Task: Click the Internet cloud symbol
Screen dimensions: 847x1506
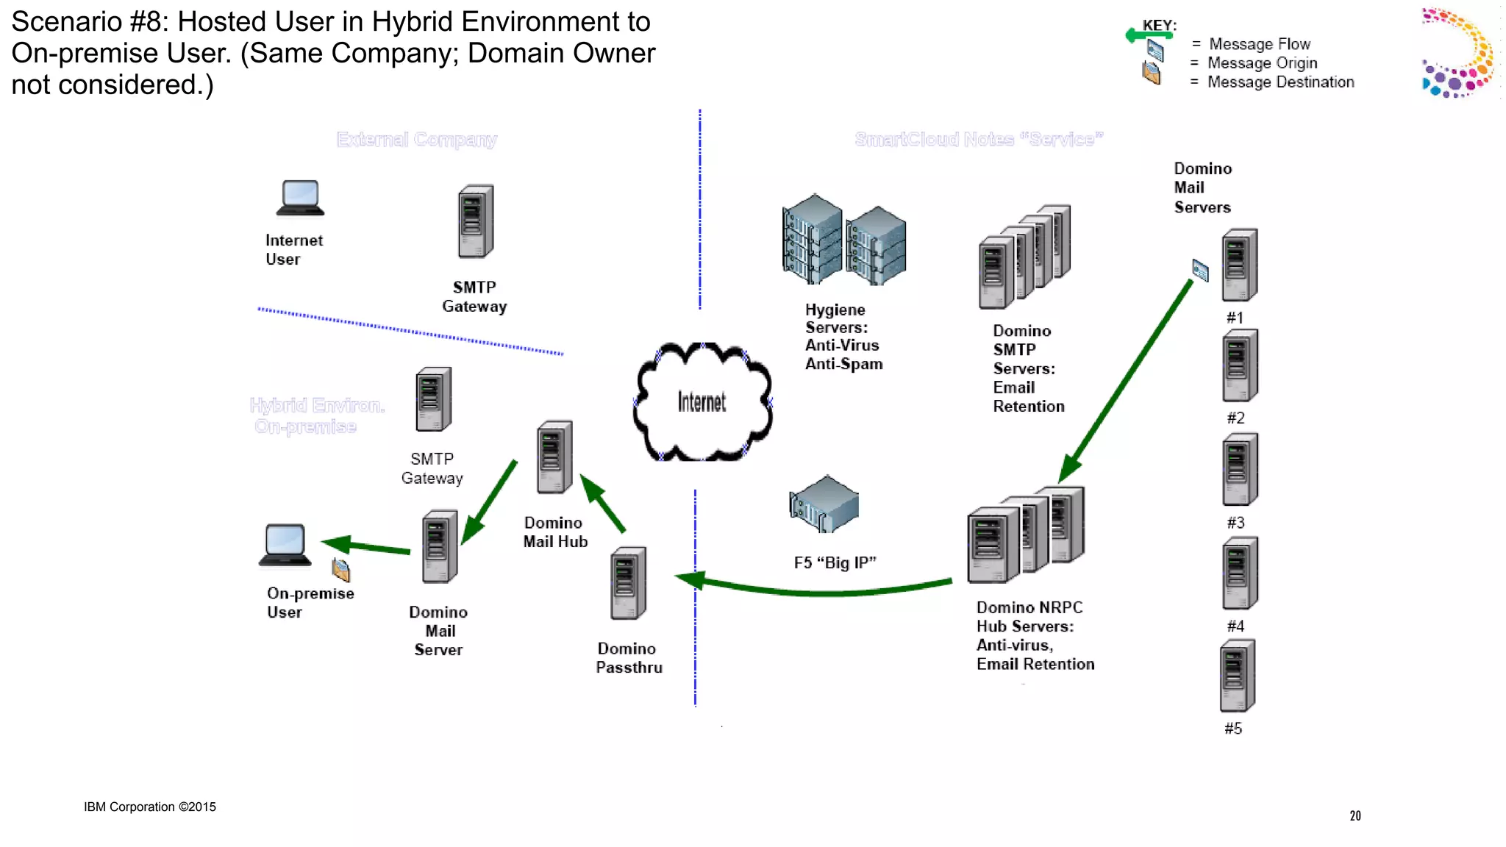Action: click(702, 401)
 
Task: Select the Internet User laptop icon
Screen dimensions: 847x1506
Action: click(300, 198)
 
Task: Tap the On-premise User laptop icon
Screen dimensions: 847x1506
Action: click(285, 545)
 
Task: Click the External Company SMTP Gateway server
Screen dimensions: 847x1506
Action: click(476, 221)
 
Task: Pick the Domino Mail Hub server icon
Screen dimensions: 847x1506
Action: click(554, 457)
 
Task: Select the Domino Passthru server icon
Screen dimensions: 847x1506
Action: click(628, 583)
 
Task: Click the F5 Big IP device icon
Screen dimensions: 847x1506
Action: click(824, 504)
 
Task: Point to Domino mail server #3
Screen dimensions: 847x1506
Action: click(1239, 469)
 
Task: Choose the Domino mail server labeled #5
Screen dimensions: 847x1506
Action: click(1238, 676)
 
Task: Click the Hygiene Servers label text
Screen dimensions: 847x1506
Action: click(843, 337)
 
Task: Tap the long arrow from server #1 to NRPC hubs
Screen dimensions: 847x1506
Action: click(1129, 379)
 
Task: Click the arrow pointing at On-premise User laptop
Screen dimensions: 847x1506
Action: click(365, 546)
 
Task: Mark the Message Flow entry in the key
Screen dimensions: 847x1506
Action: click(1259, 44)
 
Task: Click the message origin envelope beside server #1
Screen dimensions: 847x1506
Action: click(1200, 271)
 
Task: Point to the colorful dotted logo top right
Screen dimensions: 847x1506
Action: click(1458, 53)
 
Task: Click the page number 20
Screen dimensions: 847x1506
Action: click(1355, 815)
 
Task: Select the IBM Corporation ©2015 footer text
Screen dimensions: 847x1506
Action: click(150, 807)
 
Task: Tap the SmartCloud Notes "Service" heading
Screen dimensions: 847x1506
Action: click(979, 139)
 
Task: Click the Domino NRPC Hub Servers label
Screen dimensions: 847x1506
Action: click(1034, 635)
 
